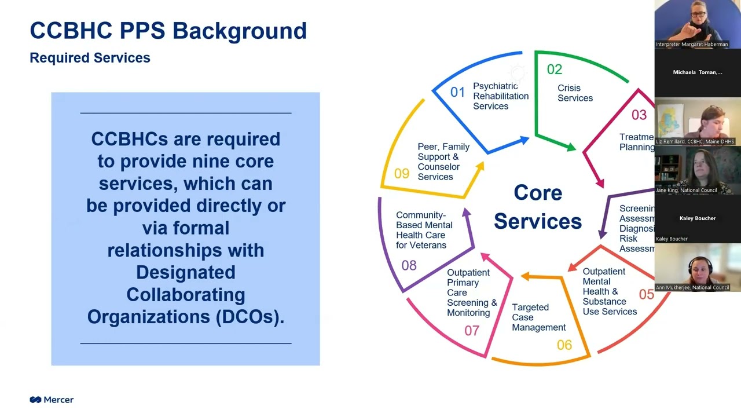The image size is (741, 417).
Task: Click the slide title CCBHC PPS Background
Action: point(168,30)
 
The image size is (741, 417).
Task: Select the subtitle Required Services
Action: point(90,58)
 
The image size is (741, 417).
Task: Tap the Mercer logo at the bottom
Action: point(52,400)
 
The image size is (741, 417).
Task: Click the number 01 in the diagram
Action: point(457,92)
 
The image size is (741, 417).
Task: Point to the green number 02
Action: point(554,69)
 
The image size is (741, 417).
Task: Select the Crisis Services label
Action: point(575,93)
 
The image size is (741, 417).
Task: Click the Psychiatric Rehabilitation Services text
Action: point(500,96)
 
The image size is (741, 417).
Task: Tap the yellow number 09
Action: point(401,174)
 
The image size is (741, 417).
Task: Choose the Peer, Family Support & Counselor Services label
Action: point(443,162)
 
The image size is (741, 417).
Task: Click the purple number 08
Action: point(409,265)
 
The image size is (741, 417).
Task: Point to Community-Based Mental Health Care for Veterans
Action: point(424,230)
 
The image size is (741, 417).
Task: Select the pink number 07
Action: point(472,331)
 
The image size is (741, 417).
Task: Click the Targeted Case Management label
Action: point(538,317)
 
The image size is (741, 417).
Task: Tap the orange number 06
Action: point(564,345)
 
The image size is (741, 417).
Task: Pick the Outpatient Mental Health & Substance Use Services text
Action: point(609,291)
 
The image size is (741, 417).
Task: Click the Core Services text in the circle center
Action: point(537,207)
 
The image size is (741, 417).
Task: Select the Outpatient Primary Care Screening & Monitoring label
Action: point(471,292)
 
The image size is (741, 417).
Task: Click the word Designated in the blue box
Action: point(185,272)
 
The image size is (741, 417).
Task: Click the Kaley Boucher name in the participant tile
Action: point(697,218)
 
